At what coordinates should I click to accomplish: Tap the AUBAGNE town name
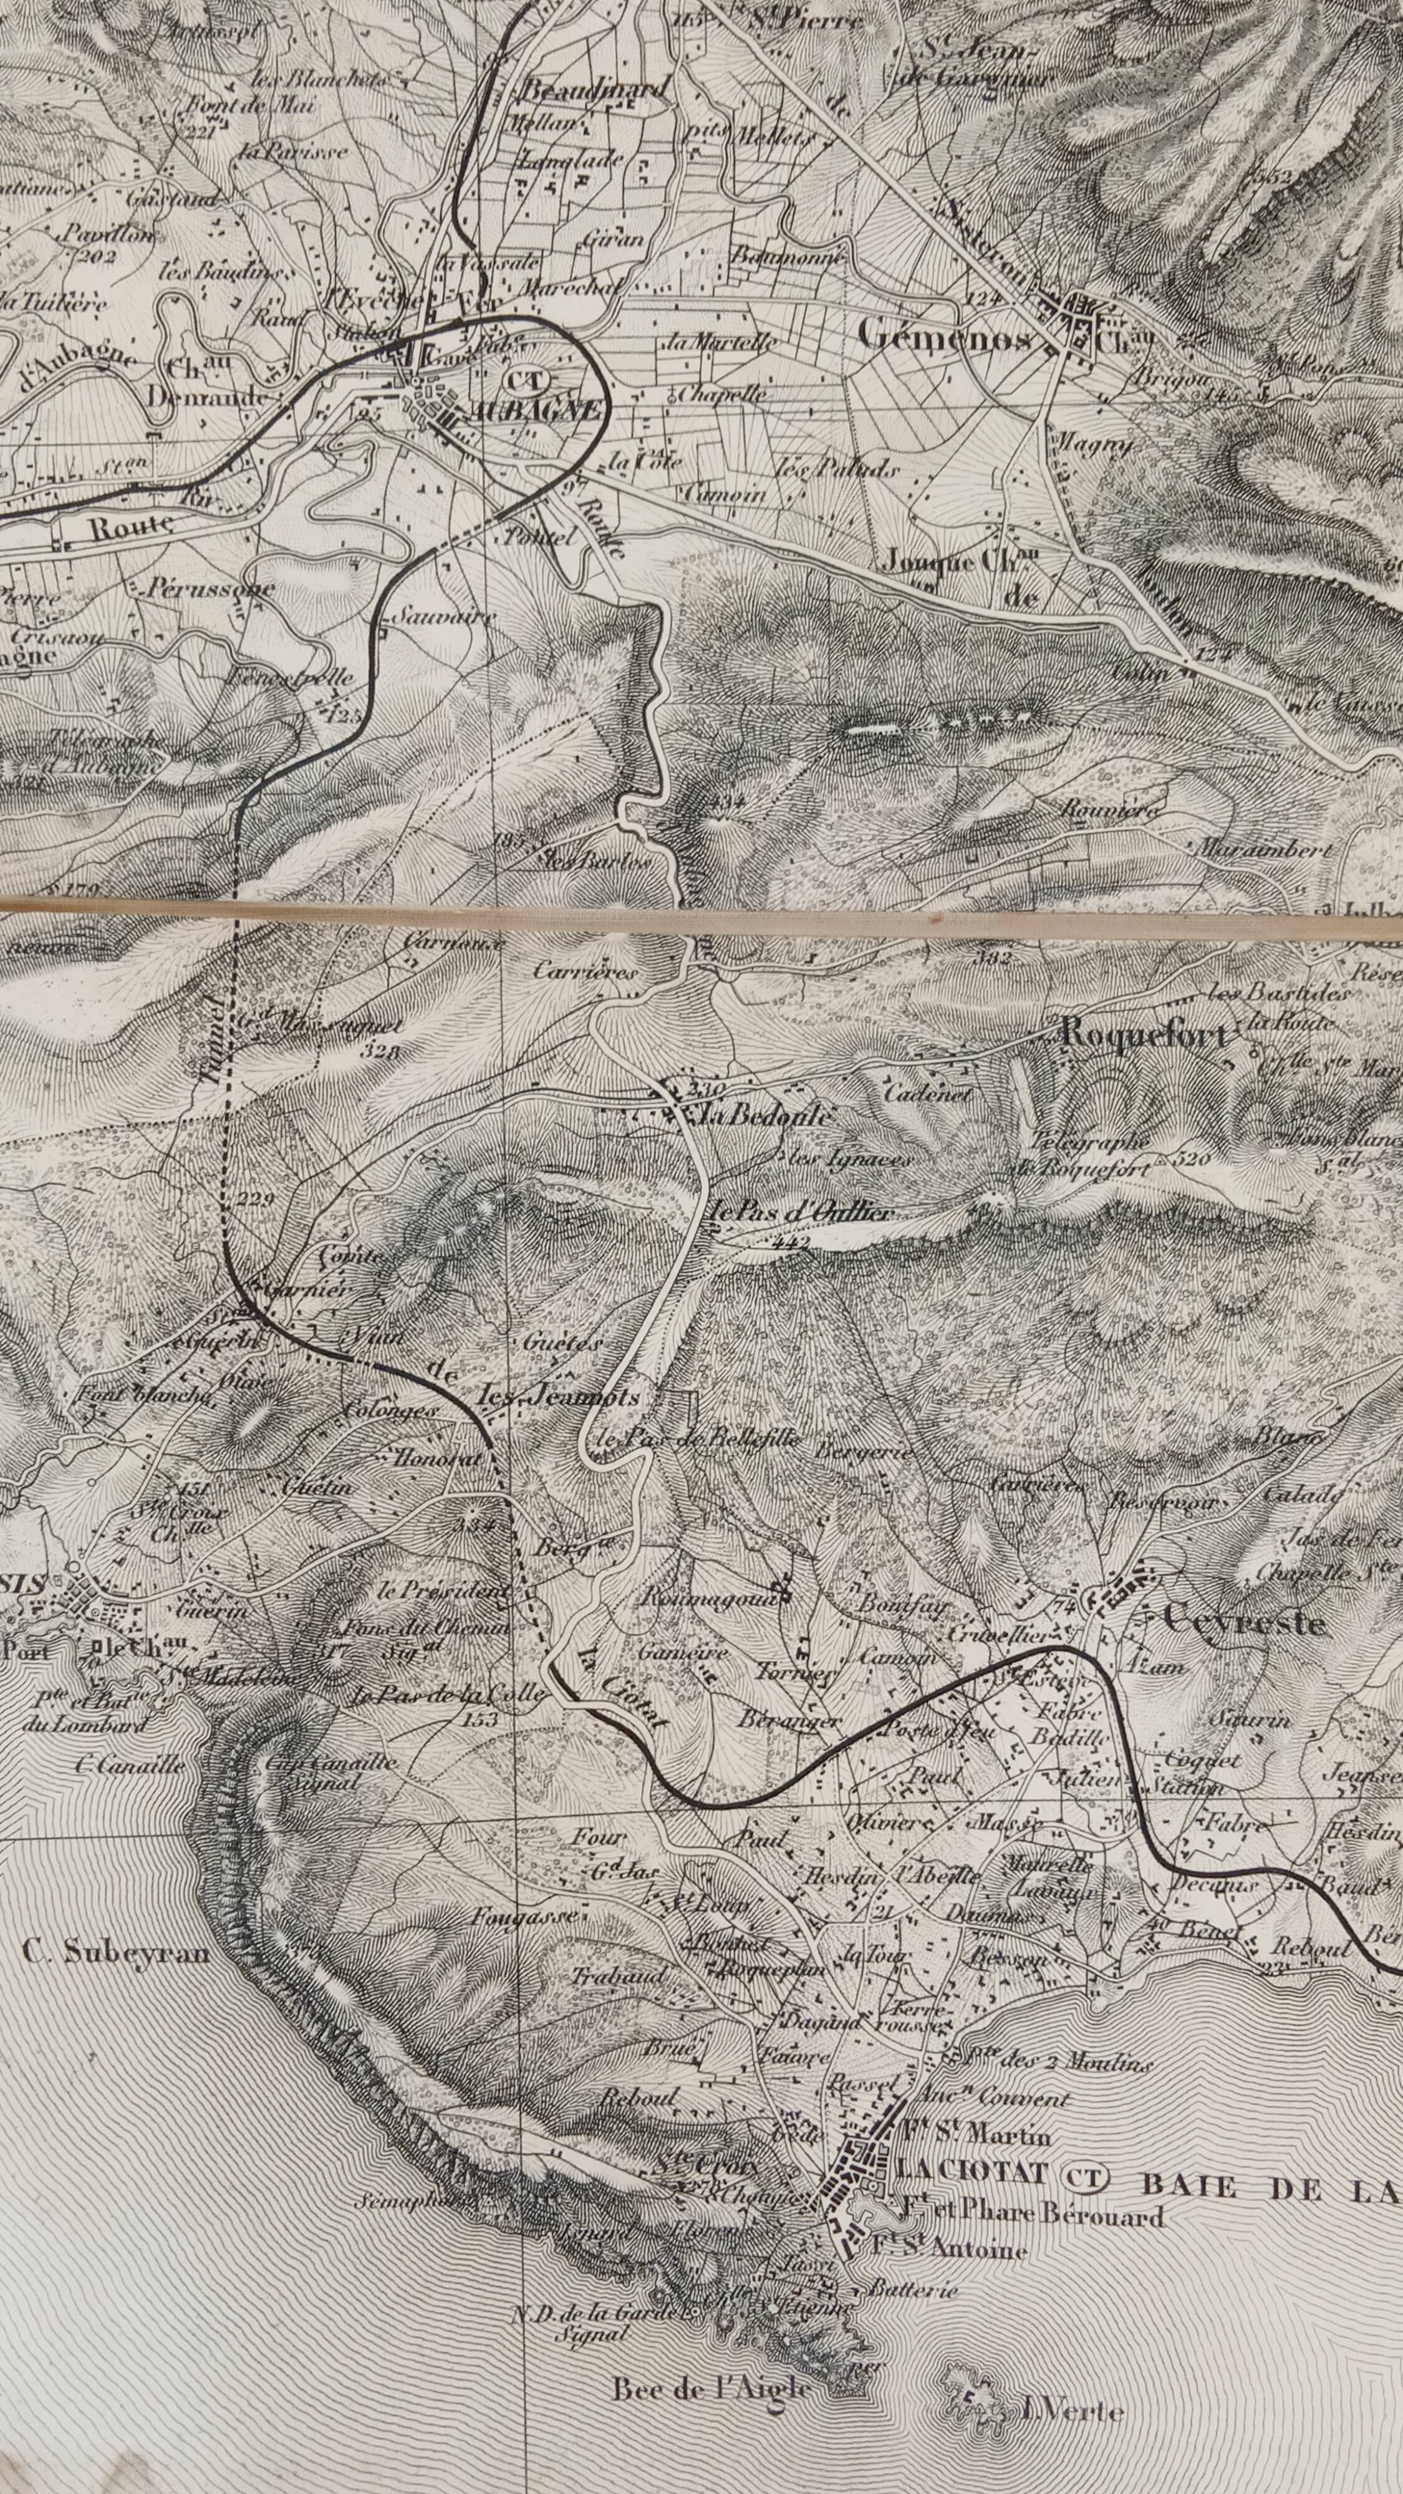tap(533, 410)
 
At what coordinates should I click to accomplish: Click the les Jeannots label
tap(561, 1397)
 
